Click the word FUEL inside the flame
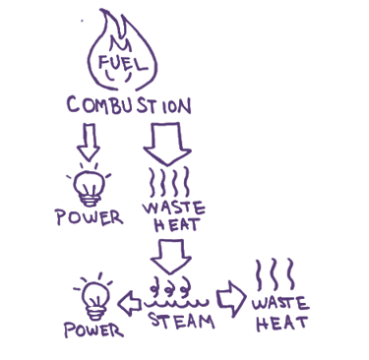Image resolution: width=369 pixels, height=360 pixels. (122, 64)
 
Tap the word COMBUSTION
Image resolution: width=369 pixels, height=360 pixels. (129, 105)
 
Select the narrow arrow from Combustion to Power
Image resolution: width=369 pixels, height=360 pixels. (89, 142)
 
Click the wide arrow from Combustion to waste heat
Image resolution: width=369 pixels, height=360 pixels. (167, 144)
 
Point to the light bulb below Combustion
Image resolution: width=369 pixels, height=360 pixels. (89, 186)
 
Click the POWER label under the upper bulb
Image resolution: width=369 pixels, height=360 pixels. (90, 217)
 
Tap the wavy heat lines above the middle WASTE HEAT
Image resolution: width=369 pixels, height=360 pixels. (169, 181)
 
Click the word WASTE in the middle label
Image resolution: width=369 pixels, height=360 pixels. (174, 208)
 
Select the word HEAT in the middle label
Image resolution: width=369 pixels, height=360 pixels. (176, 224)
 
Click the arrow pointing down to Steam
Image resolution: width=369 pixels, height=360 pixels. (170, 256)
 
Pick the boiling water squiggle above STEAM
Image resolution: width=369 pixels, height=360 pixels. (176, 293)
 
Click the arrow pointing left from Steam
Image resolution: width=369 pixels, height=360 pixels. (130, 303)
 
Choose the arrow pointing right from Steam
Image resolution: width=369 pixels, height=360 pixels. (231, 299)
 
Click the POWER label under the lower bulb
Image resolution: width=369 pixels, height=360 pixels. (94, 330)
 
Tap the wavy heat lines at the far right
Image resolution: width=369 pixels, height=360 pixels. (275, 274)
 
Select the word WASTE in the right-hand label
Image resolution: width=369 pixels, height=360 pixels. (280, 303)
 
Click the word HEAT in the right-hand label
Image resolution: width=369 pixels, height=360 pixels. (282, 323)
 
